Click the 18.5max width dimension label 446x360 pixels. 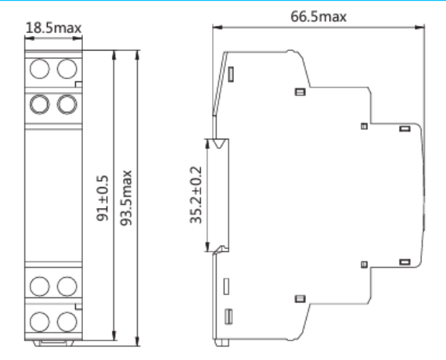pos(52,29)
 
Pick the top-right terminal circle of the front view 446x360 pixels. pos(67,70)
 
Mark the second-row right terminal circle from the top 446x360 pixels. pos(67,103)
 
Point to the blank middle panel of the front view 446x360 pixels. pos(53,196)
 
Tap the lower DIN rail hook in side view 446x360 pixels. pos(219,250)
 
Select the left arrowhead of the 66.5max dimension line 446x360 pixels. pos(217,27)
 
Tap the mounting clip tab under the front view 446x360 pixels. pos(53,342)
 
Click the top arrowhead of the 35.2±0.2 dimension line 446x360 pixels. pos(207,142)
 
